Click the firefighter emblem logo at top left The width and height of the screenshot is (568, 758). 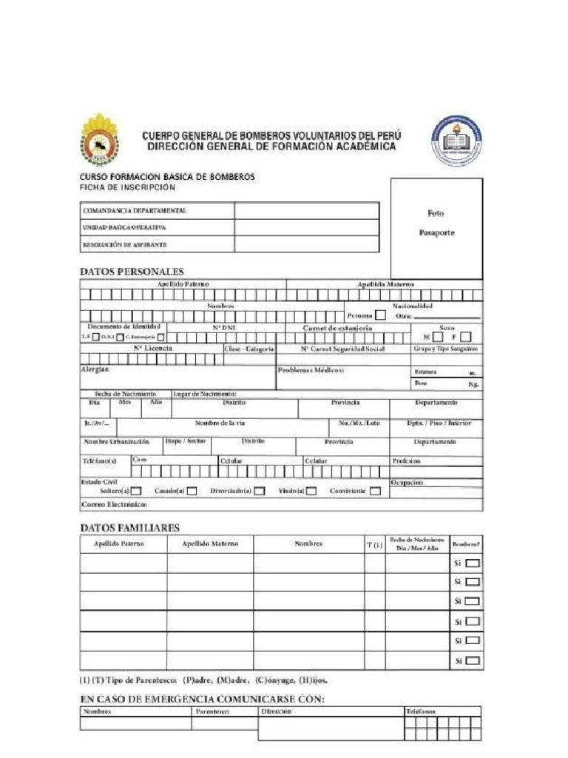tap(99, 139)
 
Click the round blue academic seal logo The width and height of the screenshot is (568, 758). tap(458, 140)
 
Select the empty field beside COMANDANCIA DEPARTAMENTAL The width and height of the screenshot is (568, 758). tap(307, 211)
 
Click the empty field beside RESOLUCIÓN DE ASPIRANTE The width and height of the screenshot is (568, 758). tap(307, 244)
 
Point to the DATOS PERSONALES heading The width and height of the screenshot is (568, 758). tap(132, 272)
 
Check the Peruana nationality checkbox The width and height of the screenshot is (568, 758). tap(380, 315)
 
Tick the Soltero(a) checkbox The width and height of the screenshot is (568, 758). tap(136, 491)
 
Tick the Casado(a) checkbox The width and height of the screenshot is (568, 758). tap(192, 491)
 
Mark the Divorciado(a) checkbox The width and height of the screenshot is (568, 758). tap(259, 491)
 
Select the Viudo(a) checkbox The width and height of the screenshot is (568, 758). tap(311, 491)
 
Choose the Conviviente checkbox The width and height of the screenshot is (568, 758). tap(375, 491)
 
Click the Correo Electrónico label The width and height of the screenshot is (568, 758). tap(114, 505)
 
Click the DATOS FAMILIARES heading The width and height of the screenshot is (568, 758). tap(129, 528)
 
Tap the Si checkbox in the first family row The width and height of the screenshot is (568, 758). tap(473, 563)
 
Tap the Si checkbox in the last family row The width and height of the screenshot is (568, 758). tap(473, 660)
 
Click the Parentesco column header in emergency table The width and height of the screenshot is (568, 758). tap(213, 711)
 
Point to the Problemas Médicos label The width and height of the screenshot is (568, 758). tap(311, 369)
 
